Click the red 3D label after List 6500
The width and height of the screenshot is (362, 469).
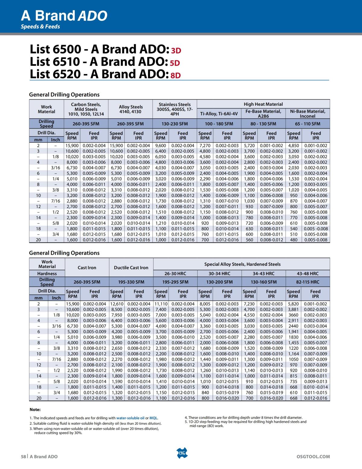176,50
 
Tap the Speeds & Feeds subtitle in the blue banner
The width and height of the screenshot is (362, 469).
40,27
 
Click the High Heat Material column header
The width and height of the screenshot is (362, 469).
263,104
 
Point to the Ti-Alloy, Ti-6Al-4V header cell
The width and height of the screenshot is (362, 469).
219,114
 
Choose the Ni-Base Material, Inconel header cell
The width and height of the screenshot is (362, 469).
308,114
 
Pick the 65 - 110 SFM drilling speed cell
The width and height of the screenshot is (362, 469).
308,124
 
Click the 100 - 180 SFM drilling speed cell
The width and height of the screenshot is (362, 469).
219,124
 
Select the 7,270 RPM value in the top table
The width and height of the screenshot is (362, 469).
205,146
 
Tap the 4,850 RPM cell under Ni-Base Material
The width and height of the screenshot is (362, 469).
294,146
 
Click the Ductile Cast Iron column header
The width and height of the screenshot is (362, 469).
131,268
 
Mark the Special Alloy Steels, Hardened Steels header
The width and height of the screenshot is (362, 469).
242,264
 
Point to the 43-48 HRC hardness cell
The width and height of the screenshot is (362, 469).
308,274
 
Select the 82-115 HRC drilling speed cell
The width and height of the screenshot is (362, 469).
308,282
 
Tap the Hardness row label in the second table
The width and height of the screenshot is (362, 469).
47,274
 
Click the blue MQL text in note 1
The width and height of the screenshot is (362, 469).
154,418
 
